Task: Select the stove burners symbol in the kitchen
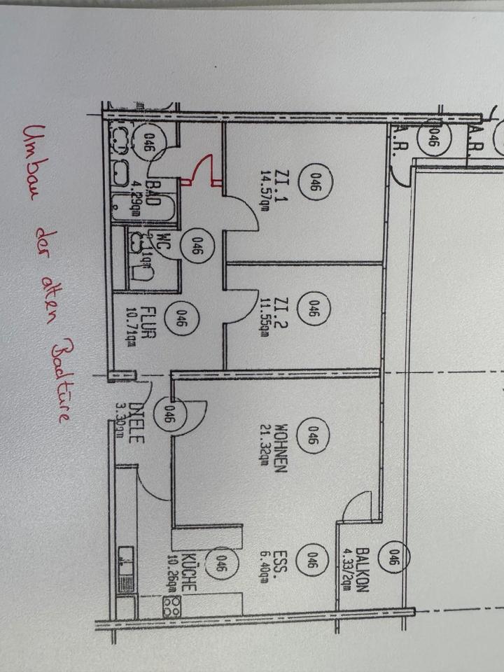[x=171, y=606]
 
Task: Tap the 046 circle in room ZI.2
[x=314, y=309]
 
